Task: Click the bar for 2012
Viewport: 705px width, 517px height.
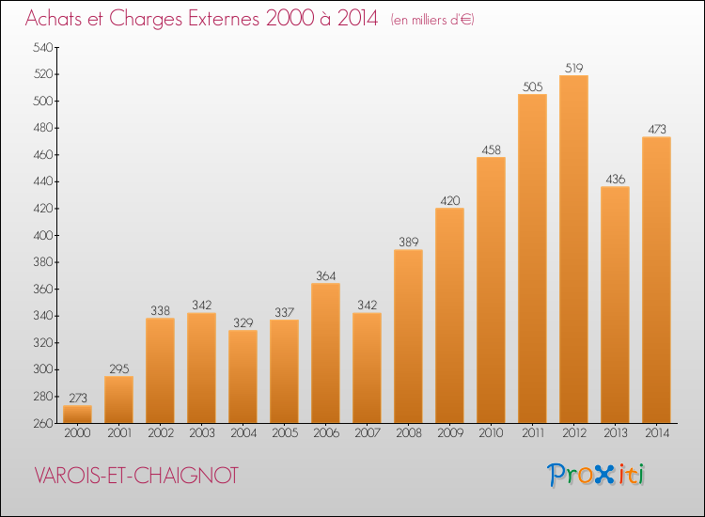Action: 573,249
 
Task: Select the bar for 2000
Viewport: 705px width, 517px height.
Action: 77,414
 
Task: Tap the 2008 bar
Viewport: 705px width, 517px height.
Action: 408,337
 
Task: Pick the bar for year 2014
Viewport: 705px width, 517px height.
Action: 656,279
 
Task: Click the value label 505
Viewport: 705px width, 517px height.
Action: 532,86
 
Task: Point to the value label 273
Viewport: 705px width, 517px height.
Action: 78,398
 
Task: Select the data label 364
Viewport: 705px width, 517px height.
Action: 325,275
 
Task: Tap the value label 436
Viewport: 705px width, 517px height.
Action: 615,179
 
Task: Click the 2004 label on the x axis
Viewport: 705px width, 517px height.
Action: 243,433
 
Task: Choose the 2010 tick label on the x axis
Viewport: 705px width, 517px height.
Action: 491,433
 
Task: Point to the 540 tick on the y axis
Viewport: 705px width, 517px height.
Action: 43,47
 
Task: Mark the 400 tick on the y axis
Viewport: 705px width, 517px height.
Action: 43,235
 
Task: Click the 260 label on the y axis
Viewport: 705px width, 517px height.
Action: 43,423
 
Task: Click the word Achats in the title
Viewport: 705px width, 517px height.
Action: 54,19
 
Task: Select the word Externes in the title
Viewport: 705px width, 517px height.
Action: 224,19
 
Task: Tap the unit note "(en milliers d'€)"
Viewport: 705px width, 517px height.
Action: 432,20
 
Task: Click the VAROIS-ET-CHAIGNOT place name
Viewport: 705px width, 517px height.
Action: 136,476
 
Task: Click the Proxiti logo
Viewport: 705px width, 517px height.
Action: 595,475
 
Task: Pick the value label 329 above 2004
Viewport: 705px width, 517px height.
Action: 243,322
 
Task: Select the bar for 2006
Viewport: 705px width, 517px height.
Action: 325,352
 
